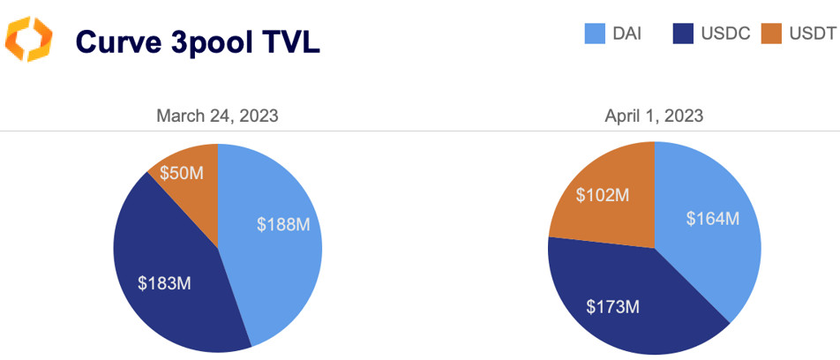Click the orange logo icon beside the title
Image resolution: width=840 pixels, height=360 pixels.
click(x=29, y=40)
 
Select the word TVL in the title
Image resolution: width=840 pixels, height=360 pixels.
click(x=289, y=41)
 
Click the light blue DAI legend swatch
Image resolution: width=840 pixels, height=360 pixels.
click(x=594, y=34)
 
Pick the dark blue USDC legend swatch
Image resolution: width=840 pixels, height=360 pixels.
click(x=683, y=34)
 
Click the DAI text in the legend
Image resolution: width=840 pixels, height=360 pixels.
click(x=626, y=34)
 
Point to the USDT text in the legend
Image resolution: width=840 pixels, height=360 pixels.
click(x=812, y=34)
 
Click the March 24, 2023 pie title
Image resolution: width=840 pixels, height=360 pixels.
click(x=217, y=116)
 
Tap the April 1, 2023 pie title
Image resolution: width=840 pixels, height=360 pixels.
click(x=654, y=116)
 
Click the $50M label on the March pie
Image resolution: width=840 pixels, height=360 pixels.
click(x=181, y=172)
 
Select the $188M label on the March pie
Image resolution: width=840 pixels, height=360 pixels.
click(x=283, y=225)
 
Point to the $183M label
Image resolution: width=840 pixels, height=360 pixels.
click(x=165, y=283)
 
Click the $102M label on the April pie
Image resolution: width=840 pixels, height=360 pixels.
click(x=603, y=195)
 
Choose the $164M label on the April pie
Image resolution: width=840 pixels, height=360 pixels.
click(x=713, y=218)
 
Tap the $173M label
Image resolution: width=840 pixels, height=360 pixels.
click(x=613, y=307)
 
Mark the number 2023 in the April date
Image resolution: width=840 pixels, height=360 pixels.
click(x=684, y=116)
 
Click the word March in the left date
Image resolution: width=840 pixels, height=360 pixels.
click(x=179, y=116)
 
